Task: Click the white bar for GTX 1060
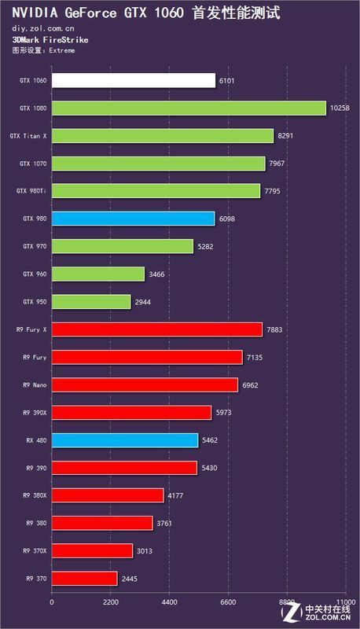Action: (x=133, y=81)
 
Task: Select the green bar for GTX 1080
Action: (x=188, y=109)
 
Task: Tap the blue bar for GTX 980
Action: (x=133, y=219)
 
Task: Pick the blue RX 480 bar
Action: (x=124, y=440)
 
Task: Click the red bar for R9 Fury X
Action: (x=156, y=329)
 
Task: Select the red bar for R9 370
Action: (x=84, y=578)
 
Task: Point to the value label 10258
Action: (x=340, y=109)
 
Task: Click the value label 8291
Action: (x=287, y=136)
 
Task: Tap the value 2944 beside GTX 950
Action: (x=145, y=302)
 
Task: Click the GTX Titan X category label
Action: (x=28, y=136)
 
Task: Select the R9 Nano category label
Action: (x=32, y=385)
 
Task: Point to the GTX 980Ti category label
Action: (x=31, y=191)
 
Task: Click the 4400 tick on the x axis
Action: (x=169, y=603)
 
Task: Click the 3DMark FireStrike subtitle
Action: (x=39, y=39)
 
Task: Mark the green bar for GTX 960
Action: (x=98, y=274)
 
